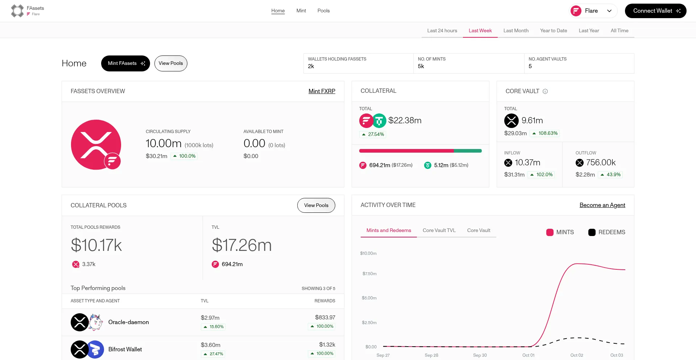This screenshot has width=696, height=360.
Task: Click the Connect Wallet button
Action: pos(655,11)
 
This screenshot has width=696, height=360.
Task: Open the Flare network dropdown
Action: pos(593,11)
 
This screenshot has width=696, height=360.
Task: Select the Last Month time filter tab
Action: pos(516,30)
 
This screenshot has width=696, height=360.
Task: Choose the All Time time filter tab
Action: pos(619,30)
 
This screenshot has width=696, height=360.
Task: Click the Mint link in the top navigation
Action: pos(301,11)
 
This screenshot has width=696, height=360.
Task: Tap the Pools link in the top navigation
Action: pos(323,11)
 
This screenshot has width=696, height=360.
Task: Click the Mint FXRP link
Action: pos(322,91)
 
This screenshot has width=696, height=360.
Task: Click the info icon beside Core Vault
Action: pos(545,91)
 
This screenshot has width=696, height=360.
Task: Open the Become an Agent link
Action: pos(602,205)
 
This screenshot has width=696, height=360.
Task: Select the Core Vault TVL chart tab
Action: pos(439,231)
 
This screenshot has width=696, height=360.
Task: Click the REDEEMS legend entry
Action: pos(607,232)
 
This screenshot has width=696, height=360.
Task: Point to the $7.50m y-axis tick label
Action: pos(369,274)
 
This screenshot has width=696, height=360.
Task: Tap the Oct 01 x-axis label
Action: pos(528,355)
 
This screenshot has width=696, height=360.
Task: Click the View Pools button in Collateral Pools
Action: pos(316,206)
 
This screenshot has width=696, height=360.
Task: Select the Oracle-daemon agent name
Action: pos(128,322)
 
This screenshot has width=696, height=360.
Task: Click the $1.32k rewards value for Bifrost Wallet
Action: pos(327,345)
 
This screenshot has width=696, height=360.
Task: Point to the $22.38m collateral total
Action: pos(405,120)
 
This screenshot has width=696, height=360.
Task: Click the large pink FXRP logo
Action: pos(96,145)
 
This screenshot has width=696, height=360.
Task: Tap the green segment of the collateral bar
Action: pos(468,151)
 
